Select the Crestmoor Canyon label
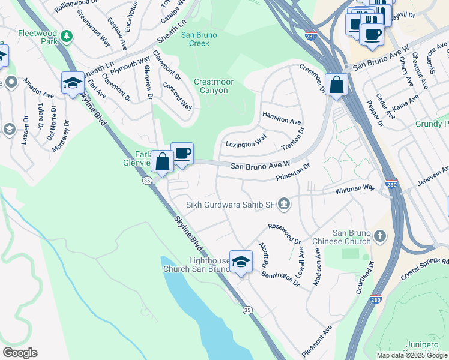[x=211, y=86]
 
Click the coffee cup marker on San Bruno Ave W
[x=182, y=154]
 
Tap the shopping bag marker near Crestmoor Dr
[x=337, y=85]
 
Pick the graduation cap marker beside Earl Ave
[x=73, y=83]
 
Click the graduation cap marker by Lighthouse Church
[x=241, y=262]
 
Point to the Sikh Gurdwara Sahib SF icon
[x=285, y=205]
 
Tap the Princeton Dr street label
[x=293, y=172]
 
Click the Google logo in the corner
[x=19, y=353]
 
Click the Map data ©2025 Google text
[x=411, y=355]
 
